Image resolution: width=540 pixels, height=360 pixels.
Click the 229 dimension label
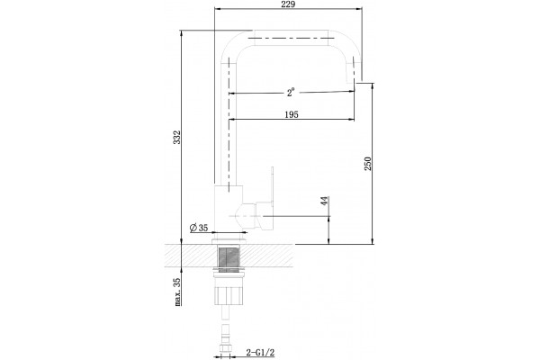(x=288, y=4)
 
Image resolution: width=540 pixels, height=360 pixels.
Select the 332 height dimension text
(x=176, y=137)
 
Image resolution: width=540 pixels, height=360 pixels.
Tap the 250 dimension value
(x=368, y=163)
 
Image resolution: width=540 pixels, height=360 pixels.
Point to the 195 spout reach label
(x=292, y=114)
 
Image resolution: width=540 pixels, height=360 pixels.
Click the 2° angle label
(x=291, y=93)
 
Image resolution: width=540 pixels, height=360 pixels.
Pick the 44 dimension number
(x=324, y=201)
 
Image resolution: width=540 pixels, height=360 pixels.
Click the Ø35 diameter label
(x=199, y=228)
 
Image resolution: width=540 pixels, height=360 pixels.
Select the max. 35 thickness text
(x=176, y=292)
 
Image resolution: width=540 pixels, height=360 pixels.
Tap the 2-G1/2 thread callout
(x=260, y=353)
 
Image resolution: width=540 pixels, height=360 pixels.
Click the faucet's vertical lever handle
(x=272, y=187)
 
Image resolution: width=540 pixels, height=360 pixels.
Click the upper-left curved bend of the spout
(x=233, y=42)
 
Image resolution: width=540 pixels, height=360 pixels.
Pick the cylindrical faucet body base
(x=229, y=208)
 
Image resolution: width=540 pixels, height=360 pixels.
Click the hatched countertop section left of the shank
(x=190, y=256)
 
